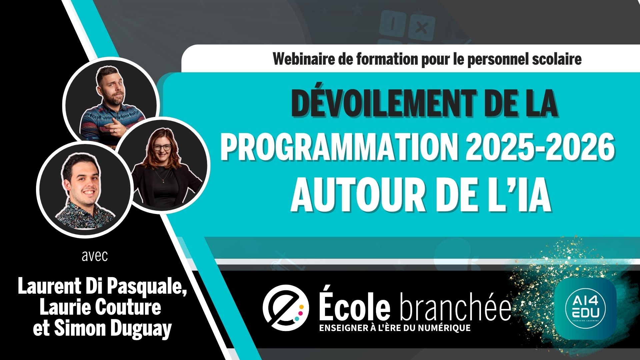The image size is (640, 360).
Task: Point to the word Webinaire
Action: click(x=303, y=59)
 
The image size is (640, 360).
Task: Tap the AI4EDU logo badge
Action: click(x=586, y=309)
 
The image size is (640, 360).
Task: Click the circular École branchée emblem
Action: click(x=285, y=307)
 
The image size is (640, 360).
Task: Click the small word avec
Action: click(x=95, y=256)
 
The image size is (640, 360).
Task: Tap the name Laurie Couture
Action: click(x=100, y=307)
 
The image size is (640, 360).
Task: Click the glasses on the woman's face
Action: click(x=162, y=147)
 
